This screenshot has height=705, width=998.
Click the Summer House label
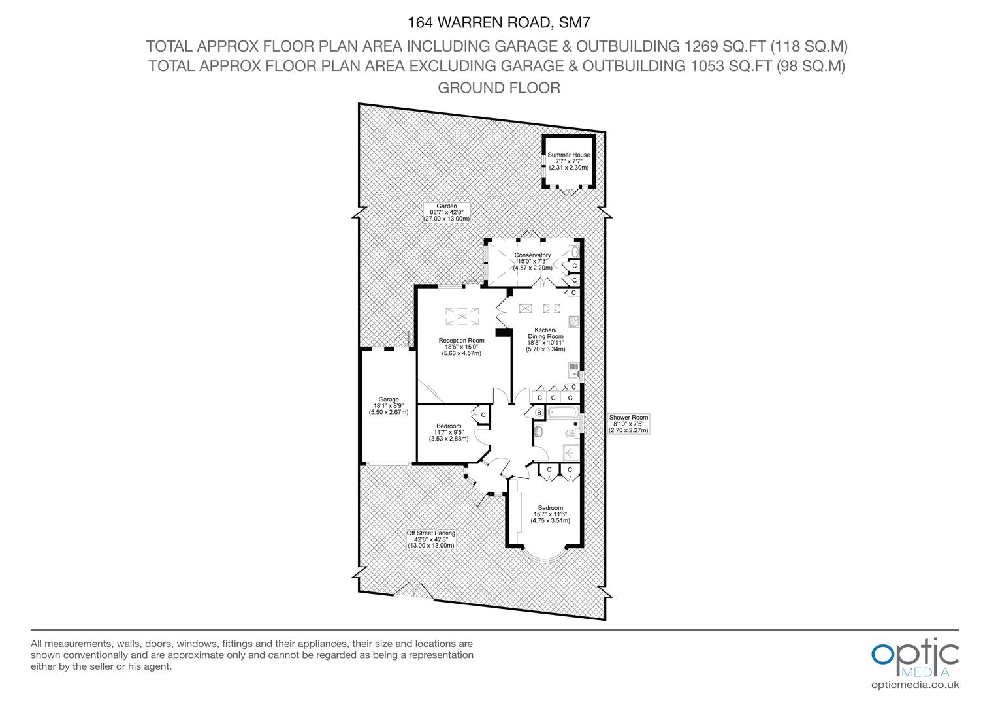(x=568, y=161)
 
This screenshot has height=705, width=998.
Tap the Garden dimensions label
(x=447, y=213)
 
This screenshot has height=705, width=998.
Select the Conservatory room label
(x=532, y=261)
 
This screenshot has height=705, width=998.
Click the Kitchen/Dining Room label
(x=545, y=339)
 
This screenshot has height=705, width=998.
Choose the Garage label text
(x=389, y=406)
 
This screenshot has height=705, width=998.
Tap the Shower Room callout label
(x=628, y=424)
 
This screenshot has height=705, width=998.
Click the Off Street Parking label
(x=430, y=539)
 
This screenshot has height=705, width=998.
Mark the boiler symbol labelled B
(x=539, y=413)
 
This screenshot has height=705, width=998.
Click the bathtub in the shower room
(x=561, y=413)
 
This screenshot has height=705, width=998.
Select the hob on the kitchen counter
(x=573, y=321)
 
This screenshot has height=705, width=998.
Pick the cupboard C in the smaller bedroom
(x=483, y=415)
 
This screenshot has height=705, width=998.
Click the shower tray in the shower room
(x=571, y=452)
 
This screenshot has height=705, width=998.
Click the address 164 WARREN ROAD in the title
(x=481, y=23)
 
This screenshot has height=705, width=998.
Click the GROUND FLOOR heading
(x=498, y=87)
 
